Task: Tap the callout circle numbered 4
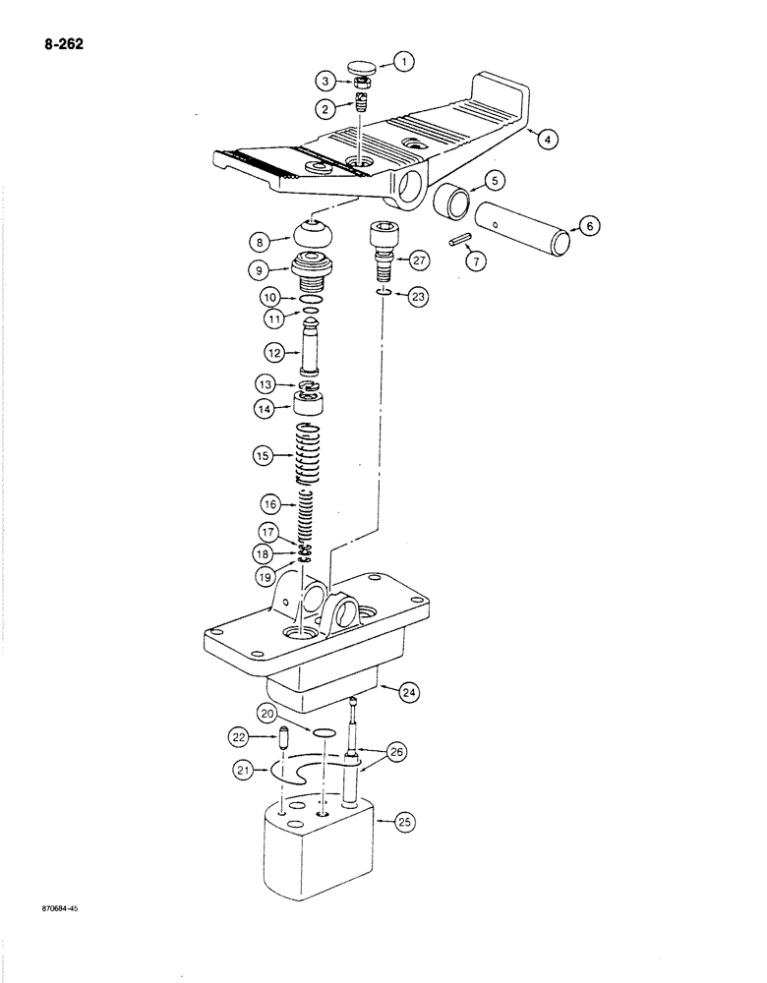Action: [548, 139]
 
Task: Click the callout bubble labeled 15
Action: [263, 456]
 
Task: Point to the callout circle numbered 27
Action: [420, 261]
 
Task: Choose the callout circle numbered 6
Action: [589, 226]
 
